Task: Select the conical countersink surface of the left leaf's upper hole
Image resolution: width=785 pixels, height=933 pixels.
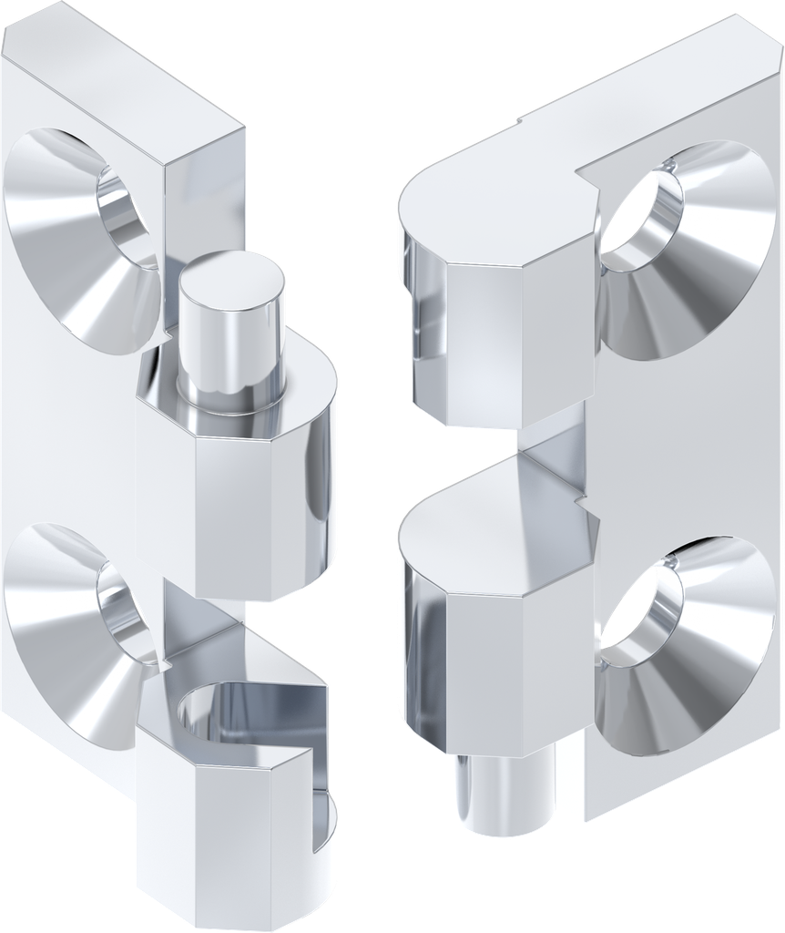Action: tap(55, 219)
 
